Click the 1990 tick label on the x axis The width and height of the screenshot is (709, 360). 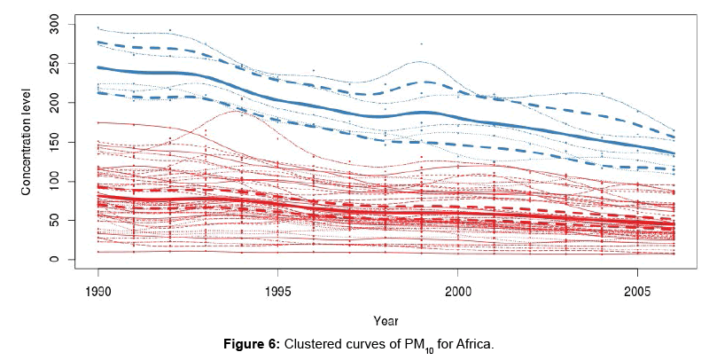tap(98, 291)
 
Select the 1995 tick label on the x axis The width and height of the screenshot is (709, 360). tap(278, 291)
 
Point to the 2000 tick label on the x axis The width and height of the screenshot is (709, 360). tap(457, 291)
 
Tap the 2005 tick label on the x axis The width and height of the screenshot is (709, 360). tap(637, 291)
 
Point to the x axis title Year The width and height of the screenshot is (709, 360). tap(385, 321)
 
